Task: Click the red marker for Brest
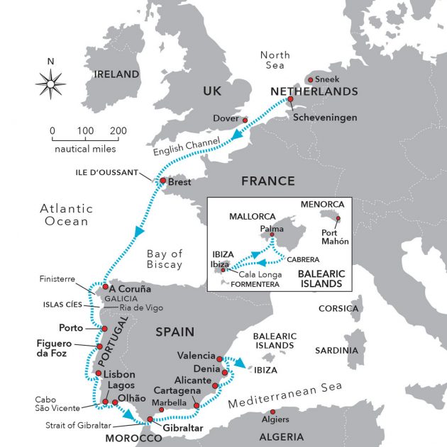(x=163, y=181)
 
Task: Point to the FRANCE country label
(x=267, y=181)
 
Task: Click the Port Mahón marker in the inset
(x=338, y=219)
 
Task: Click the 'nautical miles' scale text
(x=86, y=149)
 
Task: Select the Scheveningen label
(x=326, y=117)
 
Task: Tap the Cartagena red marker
(x=197, y=406)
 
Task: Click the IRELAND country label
(x=117, y=74)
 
